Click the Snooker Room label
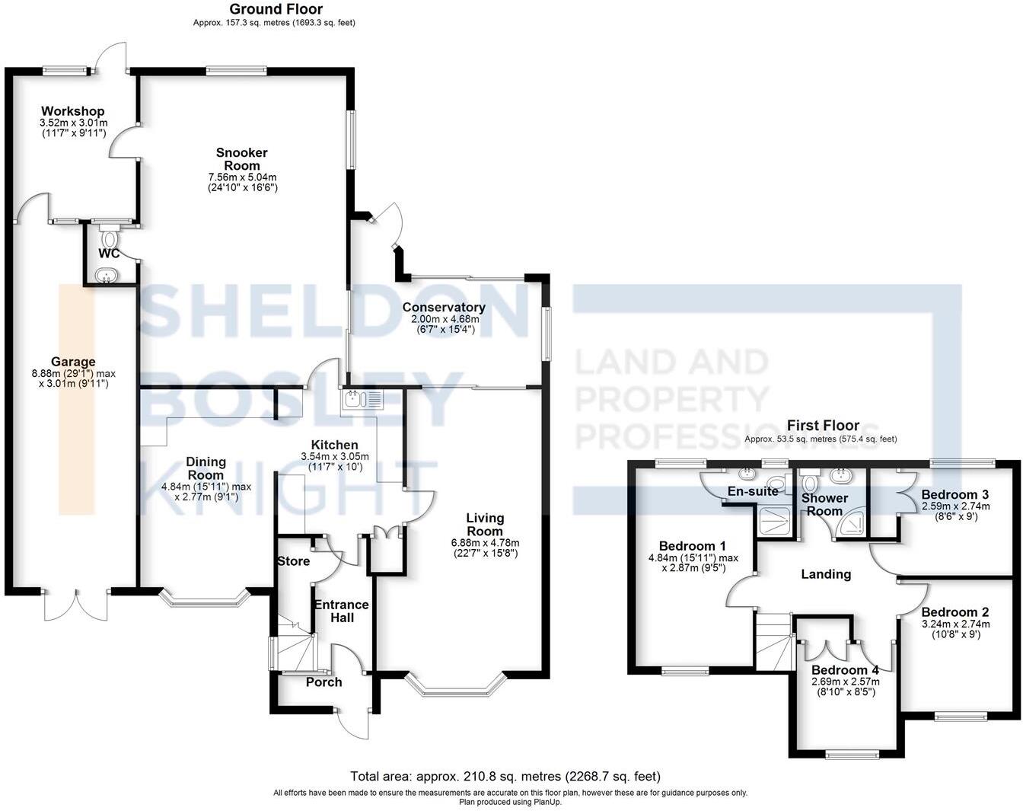pyautogui.click(x=242, y=159)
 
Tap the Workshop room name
pyautogui.click(x=73, y=111)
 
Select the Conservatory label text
pyautogui.click(x=444, y=308)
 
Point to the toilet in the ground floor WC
pyautogui.click(x=110, y=238)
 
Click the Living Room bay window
pyautogui.click(x=455, y=685)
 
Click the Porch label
pyautogui.click(x=323, y=682)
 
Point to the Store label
pyautogui.click(x=293, y=561)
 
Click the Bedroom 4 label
pyautogui.click(x=845, y=670)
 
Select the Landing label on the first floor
pyautogui.click(x=826, y=574)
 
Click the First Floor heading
pyautogui.click(x=823, y=426)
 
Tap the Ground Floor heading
pyautogui.click(x=276, y=9)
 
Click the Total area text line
pyautogui.click(x=505, y=777)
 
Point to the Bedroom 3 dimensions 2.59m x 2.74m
pyautogui.click(x=955, y=506)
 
